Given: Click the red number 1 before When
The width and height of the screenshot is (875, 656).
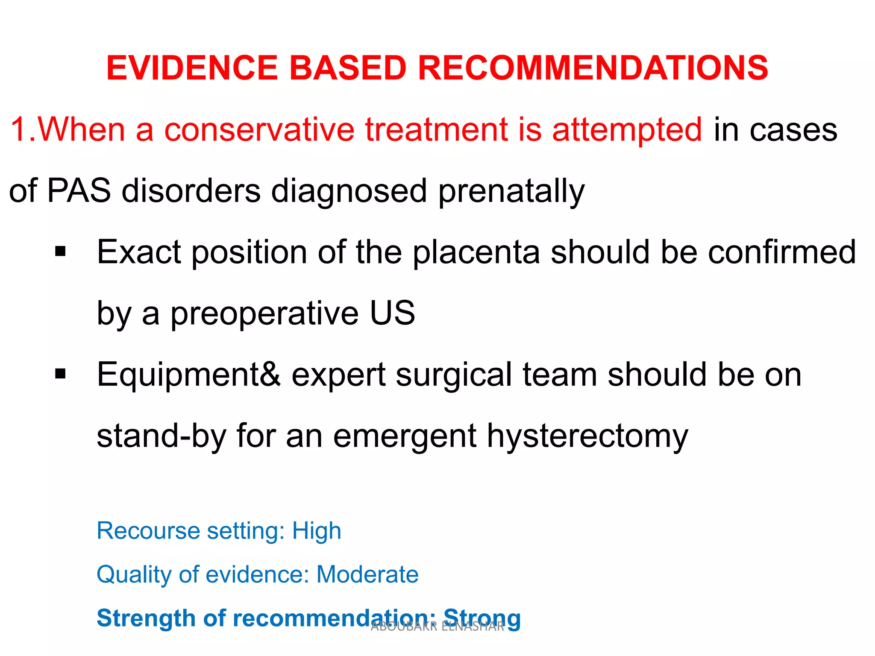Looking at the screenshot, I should pyautogui.click(x=19, y=129).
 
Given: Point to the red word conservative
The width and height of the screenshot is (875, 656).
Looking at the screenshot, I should pyautogui.click(x=259, y=130).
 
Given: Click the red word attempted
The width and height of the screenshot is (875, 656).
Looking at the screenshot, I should pyautogui.click(x=627, y=130).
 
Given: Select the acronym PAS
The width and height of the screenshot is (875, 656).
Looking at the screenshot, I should pyautogui.click(x=79, y=190).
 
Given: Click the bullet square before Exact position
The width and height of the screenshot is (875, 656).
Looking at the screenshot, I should pyautogui.click(x=60, y=252).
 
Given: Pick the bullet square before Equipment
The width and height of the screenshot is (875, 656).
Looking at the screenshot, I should pyautogui.click(x=60, y=374).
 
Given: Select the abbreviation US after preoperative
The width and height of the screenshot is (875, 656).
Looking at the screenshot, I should pyautogui.click(x=392, y=313).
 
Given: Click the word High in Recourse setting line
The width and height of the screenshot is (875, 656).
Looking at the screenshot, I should pyautogui.click(x=317, y=531).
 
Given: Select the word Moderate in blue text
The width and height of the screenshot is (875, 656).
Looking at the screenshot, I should pyautogui.click(x=367, y=574).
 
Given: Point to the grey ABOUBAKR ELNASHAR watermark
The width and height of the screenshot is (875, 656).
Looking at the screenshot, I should pyautogui.click(x=437, y=627).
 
